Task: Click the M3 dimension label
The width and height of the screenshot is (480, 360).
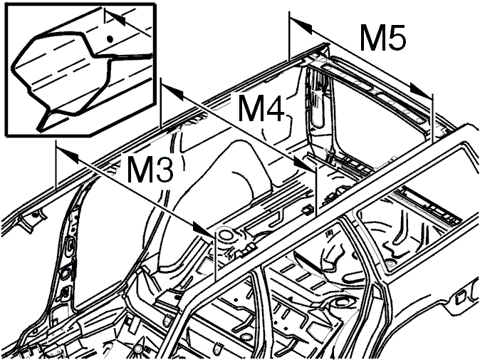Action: click(150, 169)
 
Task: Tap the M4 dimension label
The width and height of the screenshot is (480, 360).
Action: click(261, 108)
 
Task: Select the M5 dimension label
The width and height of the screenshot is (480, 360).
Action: click(383, 37)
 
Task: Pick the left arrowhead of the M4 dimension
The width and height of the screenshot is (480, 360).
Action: click(172, 92)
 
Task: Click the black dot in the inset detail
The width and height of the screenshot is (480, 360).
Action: click(110, 39)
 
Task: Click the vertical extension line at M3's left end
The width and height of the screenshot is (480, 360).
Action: click(56, 165)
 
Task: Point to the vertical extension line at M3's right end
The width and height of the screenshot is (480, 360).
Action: click(216, 255)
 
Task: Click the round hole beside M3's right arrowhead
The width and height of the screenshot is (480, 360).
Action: click(226, 235)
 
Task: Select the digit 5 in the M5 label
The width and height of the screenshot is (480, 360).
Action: click(395, 37)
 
